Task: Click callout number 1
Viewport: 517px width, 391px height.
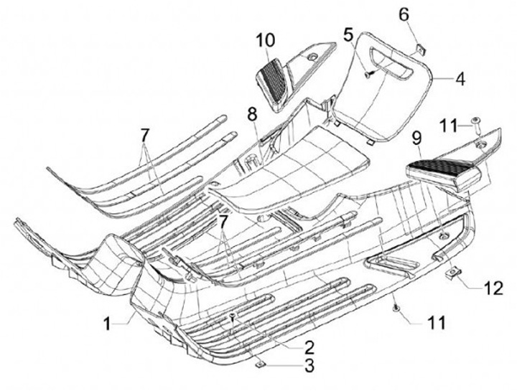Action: [x=107, y=324]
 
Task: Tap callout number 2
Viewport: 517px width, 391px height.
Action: [x=309, y=347]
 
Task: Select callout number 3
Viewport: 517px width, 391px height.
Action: [x=309, y=368]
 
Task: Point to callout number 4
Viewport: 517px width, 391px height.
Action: [x=459, y=77]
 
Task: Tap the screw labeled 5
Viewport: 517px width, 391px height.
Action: [x=368, y=73]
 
